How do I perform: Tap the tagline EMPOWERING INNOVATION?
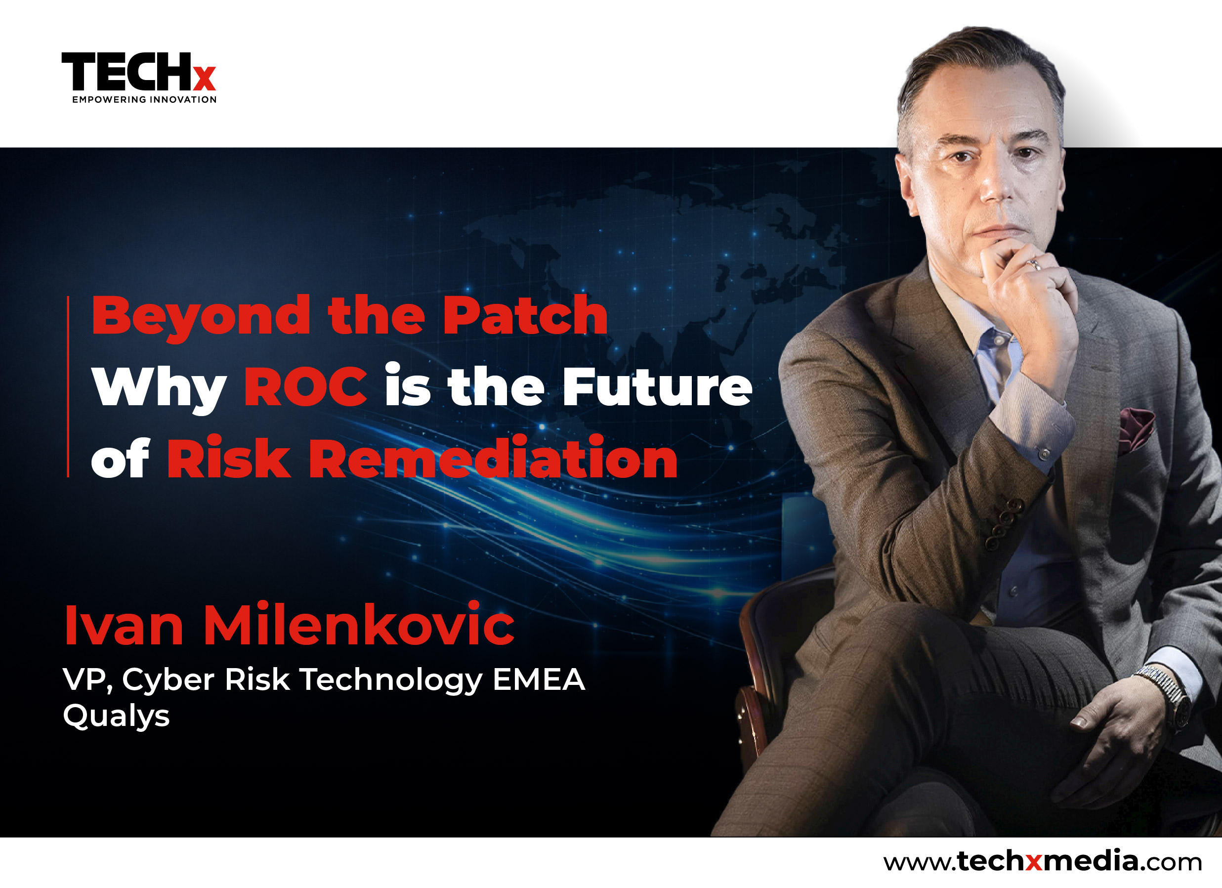click(144, 100)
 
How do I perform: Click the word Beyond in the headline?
click(201, 318)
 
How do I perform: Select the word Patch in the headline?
click(525, 315)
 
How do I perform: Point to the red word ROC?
click(306, 386)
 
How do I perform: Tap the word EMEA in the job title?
click(539, 679)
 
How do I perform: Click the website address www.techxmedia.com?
click(1043, 860)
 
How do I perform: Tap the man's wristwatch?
click(1164, 695)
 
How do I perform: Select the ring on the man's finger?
click(1033, 264)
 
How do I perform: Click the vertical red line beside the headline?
click(68, 386)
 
